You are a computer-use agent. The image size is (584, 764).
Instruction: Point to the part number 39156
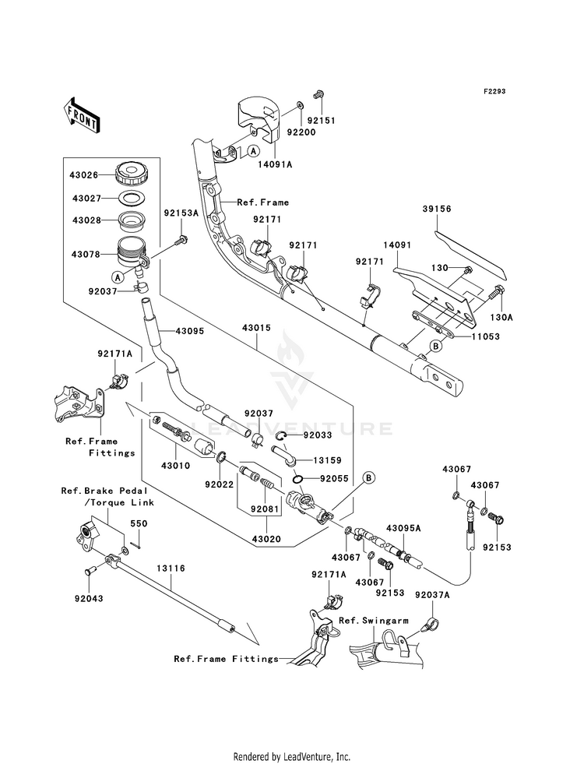click(437, 209)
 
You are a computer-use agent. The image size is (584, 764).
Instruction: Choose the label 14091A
click(275, 164)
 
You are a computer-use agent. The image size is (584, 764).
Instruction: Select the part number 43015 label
click(256, 329)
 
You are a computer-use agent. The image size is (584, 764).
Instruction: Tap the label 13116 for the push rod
click(171, 568)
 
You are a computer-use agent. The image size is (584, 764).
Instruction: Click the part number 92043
click(89, 598)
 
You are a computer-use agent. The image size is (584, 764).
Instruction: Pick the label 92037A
click(432, 594)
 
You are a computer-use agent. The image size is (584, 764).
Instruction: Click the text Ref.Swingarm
click(374, 620)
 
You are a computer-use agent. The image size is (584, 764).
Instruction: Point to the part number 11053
click(485, 336)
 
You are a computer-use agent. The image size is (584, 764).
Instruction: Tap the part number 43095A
click(403, 528)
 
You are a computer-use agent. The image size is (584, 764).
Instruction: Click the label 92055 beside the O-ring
click(334, 478)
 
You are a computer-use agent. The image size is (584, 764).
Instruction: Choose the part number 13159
click(327, 460)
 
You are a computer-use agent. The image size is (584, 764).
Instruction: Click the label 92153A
click(181, 213)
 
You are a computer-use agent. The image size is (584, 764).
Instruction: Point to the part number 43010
click(175, 466)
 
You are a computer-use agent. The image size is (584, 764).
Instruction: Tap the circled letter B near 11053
click(436, 347)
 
